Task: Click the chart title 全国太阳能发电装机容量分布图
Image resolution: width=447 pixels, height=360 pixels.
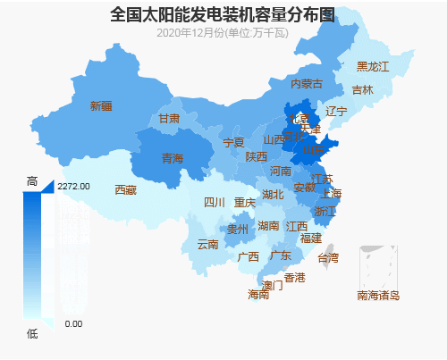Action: click(x=223, y=15)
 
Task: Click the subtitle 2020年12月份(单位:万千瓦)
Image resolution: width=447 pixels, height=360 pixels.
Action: click(x=223, y=33)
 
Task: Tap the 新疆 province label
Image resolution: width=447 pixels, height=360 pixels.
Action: click(x=101, y=106)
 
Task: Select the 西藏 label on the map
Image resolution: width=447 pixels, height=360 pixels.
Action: click(x=126, y=190)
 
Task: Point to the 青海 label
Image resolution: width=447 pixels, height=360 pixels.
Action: click(x=172, y=159)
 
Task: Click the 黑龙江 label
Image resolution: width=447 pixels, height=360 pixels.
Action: click(x=373, y=67)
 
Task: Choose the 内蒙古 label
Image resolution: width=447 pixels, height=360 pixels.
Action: click(x=306, y=84)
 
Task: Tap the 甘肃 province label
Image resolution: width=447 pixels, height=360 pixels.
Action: click(x=169, y=119)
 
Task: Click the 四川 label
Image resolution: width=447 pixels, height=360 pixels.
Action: click(x=215, y=203)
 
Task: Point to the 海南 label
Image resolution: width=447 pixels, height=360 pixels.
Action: click(x=257, y=294)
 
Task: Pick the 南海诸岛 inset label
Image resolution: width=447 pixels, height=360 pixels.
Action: click(x=377, y=295)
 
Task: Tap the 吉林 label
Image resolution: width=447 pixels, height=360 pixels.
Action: click(x=362, y=90)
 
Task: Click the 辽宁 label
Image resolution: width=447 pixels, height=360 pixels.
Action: click(x=336, y=112)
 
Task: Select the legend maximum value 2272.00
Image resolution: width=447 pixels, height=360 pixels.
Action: click(x=73, y=187)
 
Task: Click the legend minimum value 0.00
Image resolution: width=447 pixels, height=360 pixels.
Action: click(x=73, y=323)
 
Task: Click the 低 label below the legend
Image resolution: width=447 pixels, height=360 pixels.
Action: click(x=32, y=333)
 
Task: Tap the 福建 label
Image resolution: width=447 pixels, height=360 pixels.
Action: click(x=310, y=239)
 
